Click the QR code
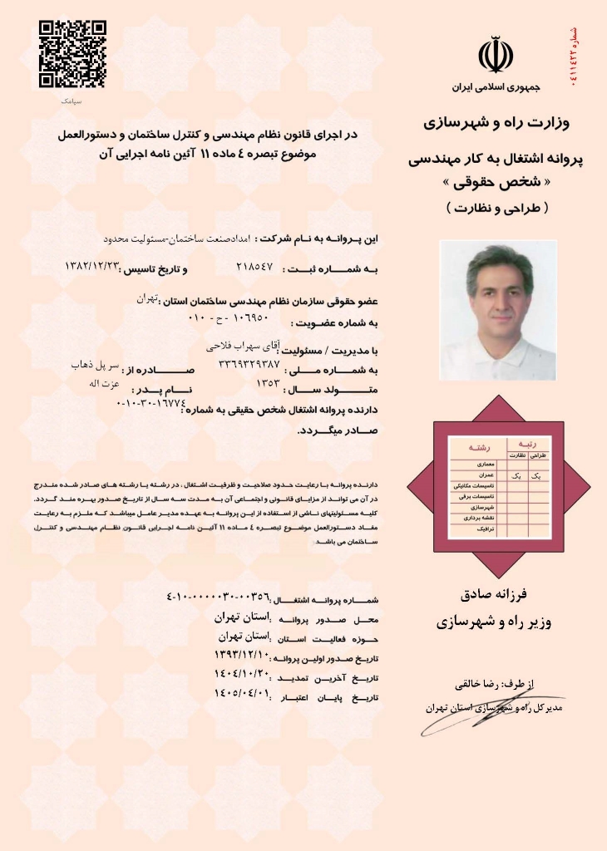click(72, 53)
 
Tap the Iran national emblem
click(496, 55)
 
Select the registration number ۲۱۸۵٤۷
click(254, 268)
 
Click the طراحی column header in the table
click(539, 455)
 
